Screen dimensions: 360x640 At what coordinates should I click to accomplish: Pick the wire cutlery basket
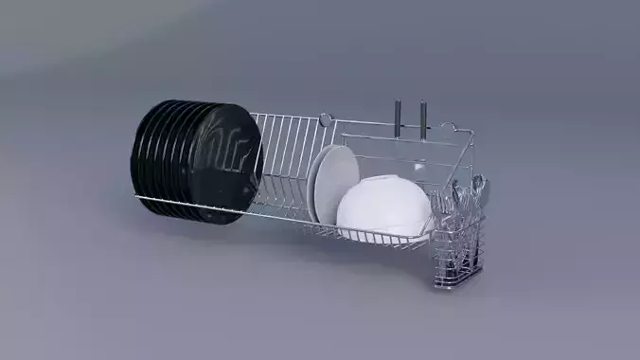point(458,242)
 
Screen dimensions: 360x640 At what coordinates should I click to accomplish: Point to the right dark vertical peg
point(422,117)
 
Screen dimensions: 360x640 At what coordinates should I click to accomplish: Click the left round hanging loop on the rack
point(325,119)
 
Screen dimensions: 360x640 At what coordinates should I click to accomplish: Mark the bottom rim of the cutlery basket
point(457,281)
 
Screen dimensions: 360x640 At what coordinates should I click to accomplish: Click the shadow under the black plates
point(189,227)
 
